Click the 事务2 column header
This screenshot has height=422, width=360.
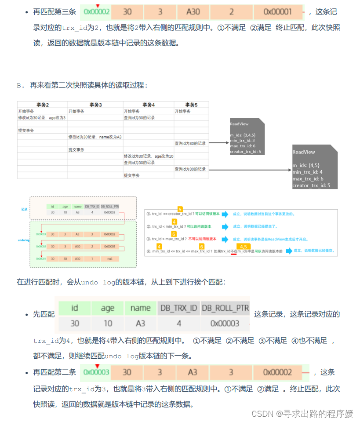click(x=42, y=105)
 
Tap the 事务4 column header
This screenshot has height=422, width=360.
click(x=148, y=105)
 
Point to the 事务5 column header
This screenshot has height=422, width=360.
click(x=191, y=105)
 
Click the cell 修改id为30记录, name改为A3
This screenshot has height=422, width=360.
click(x=95, y=137)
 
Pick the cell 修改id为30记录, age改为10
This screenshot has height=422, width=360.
click(x=148, y=156)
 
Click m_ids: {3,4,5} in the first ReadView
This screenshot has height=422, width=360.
click(x=242, y=135)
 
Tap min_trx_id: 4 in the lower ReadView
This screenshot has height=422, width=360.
click(x=308, y=172)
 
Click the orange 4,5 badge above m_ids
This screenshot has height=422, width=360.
click(x=242, y=247)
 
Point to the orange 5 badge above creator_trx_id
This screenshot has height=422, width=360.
click(x=180, y=209)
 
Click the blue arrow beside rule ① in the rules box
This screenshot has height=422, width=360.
click(x=225, y=215)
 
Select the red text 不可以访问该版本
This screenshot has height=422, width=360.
click(x=203, y=239)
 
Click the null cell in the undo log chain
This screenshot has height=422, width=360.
click(x=109, y=259)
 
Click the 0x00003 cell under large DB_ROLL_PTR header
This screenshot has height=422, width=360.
click(x=225, y=324)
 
